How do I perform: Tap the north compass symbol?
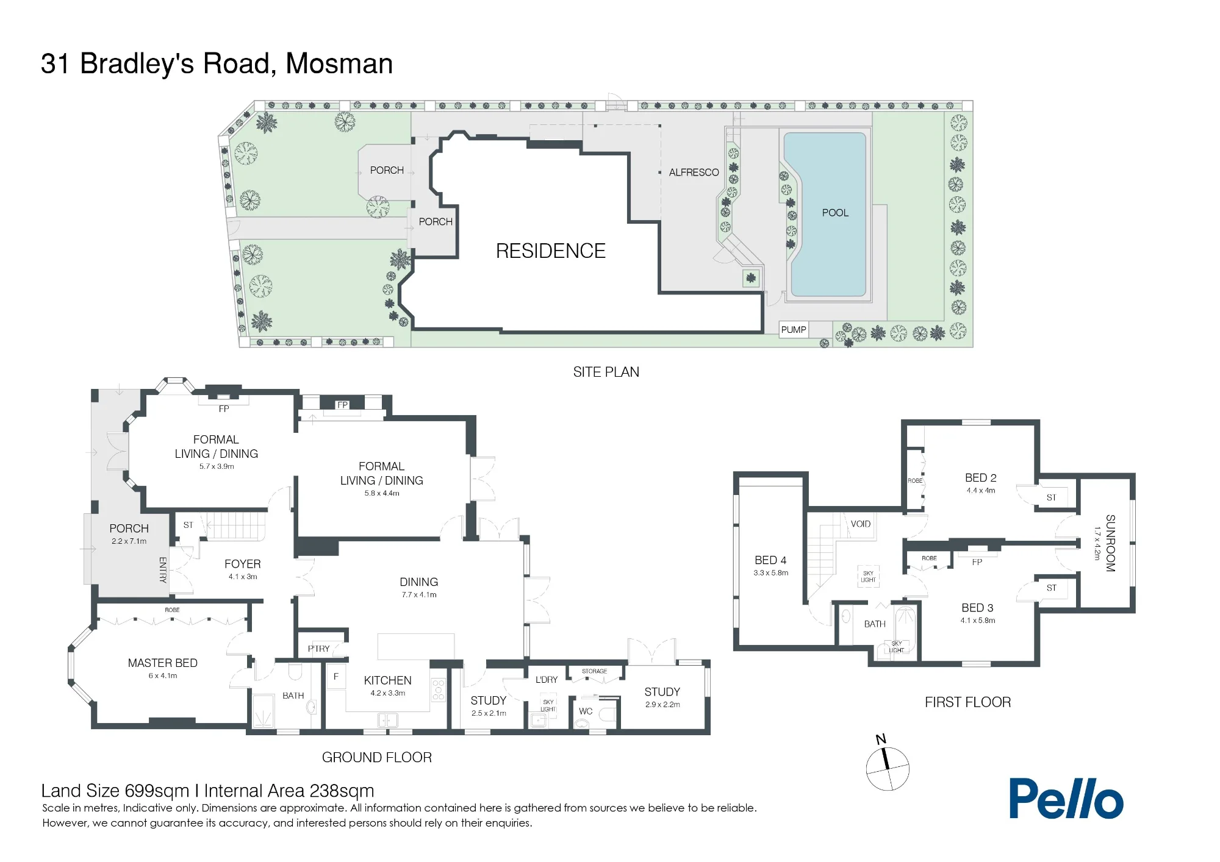coord(888,764)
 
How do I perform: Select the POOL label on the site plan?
coord(835,213)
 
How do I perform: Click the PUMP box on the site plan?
coord(794,330)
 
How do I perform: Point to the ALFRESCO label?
coord(694,173)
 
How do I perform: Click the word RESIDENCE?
coord(550,251)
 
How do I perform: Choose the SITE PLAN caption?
coord(606,372)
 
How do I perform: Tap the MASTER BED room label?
coord(162,663)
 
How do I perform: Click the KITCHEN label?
coord(387,680)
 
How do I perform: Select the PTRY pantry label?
coord(318,649)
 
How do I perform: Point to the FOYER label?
coord(242,564)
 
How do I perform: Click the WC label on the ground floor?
coord(586,711)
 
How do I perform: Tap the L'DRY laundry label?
coord(547,679)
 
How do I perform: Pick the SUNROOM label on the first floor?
coord(1110,543)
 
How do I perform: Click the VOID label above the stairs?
coord(861,524)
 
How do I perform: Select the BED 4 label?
coord(770,560)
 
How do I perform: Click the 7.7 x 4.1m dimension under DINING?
coord(419,595)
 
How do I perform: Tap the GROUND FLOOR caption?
coord(376,757)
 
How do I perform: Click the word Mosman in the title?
coord(339,63)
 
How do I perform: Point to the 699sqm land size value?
coord(157,791)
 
